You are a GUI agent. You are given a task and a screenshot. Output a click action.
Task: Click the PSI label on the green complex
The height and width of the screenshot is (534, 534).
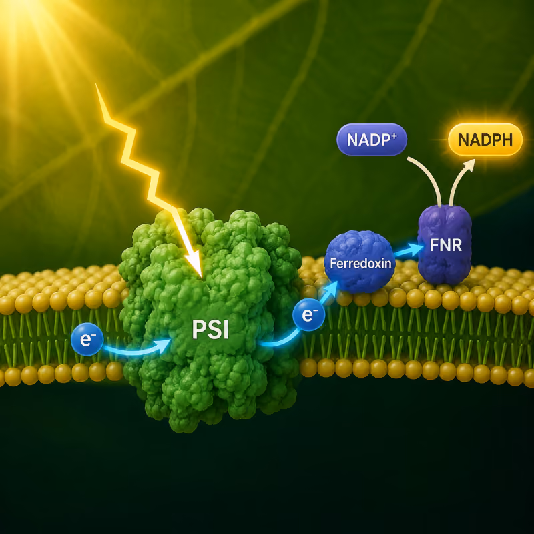coord(210,329)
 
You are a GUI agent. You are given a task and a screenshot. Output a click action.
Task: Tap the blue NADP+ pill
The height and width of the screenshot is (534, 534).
coord(372,140)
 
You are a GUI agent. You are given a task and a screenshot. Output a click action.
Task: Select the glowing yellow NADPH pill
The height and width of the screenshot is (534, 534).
coord(485,140)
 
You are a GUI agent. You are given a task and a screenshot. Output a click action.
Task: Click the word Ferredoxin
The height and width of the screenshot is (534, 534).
coord(360,263)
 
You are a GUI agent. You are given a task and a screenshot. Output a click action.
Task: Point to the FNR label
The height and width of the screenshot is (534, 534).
coord(445,245)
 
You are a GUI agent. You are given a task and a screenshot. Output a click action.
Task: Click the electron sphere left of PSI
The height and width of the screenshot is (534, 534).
coord(87,339)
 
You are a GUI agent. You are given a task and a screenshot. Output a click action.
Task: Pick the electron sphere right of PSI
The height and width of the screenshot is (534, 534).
coord(309,314)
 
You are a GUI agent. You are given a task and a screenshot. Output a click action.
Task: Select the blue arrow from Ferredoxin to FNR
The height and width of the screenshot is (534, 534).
coord(409,251)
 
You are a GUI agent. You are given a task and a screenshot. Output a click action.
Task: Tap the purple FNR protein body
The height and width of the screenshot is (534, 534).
coord(445,244)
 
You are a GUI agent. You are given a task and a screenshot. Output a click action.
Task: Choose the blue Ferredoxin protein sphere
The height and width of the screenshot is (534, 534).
coord(360,262)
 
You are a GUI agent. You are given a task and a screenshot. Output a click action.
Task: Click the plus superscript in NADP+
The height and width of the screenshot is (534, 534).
coord(394,136)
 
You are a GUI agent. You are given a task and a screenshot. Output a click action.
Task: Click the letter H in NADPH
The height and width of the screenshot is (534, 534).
coord(507,140)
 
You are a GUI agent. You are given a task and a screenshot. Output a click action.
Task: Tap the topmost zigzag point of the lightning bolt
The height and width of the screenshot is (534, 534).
coord(95,83)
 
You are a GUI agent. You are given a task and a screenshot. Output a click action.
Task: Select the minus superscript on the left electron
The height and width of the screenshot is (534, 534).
coord(93,335)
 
